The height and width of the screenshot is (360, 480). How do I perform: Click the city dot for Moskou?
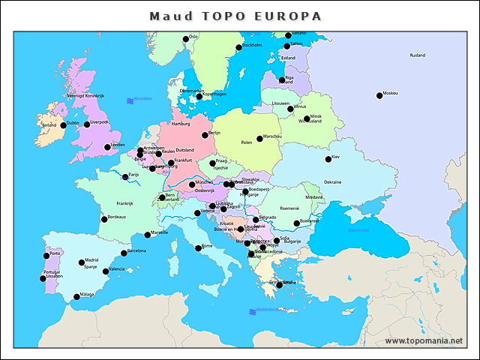tap(379, 95)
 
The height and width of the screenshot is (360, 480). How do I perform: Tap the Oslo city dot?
tap(186, 38)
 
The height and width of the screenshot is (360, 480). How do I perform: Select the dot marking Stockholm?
tap(239, 46)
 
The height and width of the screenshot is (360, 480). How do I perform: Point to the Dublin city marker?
tap(64, 125)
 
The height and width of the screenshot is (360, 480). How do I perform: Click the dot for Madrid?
tap(82, 262)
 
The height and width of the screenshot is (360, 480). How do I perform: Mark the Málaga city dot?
tap(76, 297)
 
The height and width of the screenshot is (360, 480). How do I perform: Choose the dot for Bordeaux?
tap(104, 219)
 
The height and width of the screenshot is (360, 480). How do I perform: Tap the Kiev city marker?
tap(328, 159)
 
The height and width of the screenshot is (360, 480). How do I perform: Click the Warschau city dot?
tap(259, 138)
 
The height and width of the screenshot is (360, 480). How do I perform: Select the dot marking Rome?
tap(199, 247)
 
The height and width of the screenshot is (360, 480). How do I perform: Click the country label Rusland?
tap(417, 55)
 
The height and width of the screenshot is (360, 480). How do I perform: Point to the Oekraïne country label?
tap(332, 182)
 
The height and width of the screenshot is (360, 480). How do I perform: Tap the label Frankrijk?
tap(124, 203)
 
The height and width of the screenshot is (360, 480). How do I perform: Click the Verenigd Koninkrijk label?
tap(85, 96)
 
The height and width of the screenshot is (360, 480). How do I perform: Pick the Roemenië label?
tap(289, 207)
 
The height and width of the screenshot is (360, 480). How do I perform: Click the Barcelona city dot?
tap(124, 253)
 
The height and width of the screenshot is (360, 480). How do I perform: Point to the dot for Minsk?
tap(307, 118)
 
